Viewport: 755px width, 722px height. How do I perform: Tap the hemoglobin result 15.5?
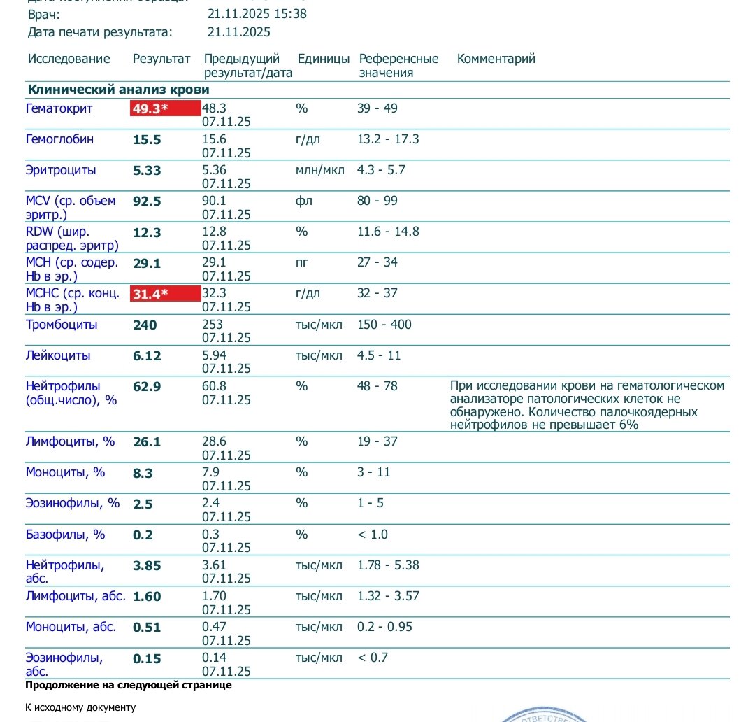click(147, 140)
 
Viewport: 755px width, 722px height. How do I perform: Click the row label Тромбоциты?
click(62, 325)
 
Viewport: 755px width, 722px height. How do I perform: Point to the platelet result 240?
click(145, 325)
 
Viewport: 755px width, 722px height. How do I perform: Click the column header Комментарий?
click(496, 59)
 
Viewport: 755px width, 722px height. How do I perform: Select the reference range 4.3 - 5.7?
click(381, 170)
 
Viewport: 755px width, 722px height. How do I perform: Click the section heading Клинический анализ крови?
click(118, 90)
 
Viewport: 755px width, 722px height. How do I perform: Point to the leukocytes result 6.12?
click(147, 356)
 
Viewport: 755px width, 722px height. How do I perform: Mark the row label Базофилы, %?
click(65, 535)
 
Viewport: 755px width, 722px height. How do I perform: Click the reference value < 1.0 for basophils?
click(373, 535)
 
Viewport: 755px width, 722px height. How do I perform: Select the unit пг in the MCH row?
click(302, 263)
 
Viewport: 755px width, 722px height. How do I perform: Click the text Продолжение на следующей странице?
click(129, 686)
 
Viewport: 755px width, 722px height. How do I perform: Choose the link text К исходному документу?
click(80, 708)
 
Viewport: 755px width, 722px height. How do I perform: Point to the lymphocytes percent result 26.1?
click(147, 443)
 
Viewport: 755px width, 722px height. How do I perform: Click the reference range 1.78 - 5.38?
click(388, 565)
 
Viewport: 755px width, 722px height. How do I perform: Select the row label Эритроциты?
click(61, 171)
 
